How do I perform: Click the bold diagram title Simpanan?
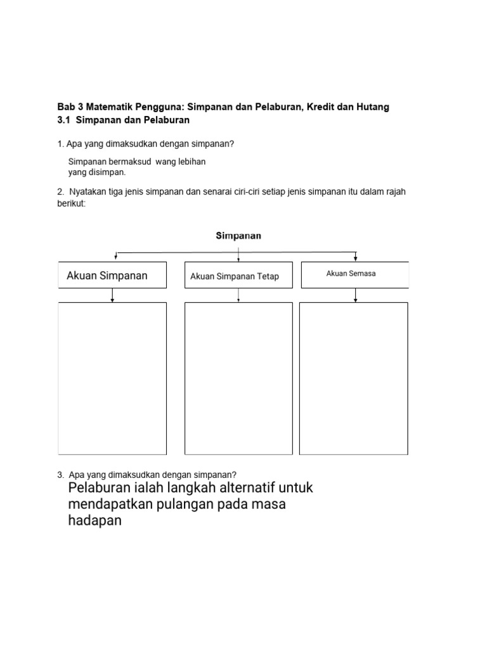tap(238, 236)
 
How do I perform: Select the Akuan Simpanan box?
tap(112, 275)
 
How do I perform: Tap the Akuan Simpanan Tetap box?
tap(238, 276)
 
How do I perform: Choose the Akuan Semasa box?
tap(354, 274)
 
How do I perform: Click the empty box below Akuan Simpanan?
tap(112, 378)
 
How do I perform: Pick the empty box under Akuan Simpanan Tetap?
tap(238, 378)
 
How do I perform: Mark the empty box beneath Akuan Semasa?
tap(354, 378)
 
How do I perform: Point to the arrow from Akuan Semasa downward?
tap(355, 295)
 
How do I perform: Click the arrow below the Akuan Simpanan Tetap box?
tap(238, 295)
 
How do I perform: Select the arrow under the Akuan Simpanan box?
tap(112, 295)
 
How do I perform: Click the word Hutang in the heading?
tap(372, 107)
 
